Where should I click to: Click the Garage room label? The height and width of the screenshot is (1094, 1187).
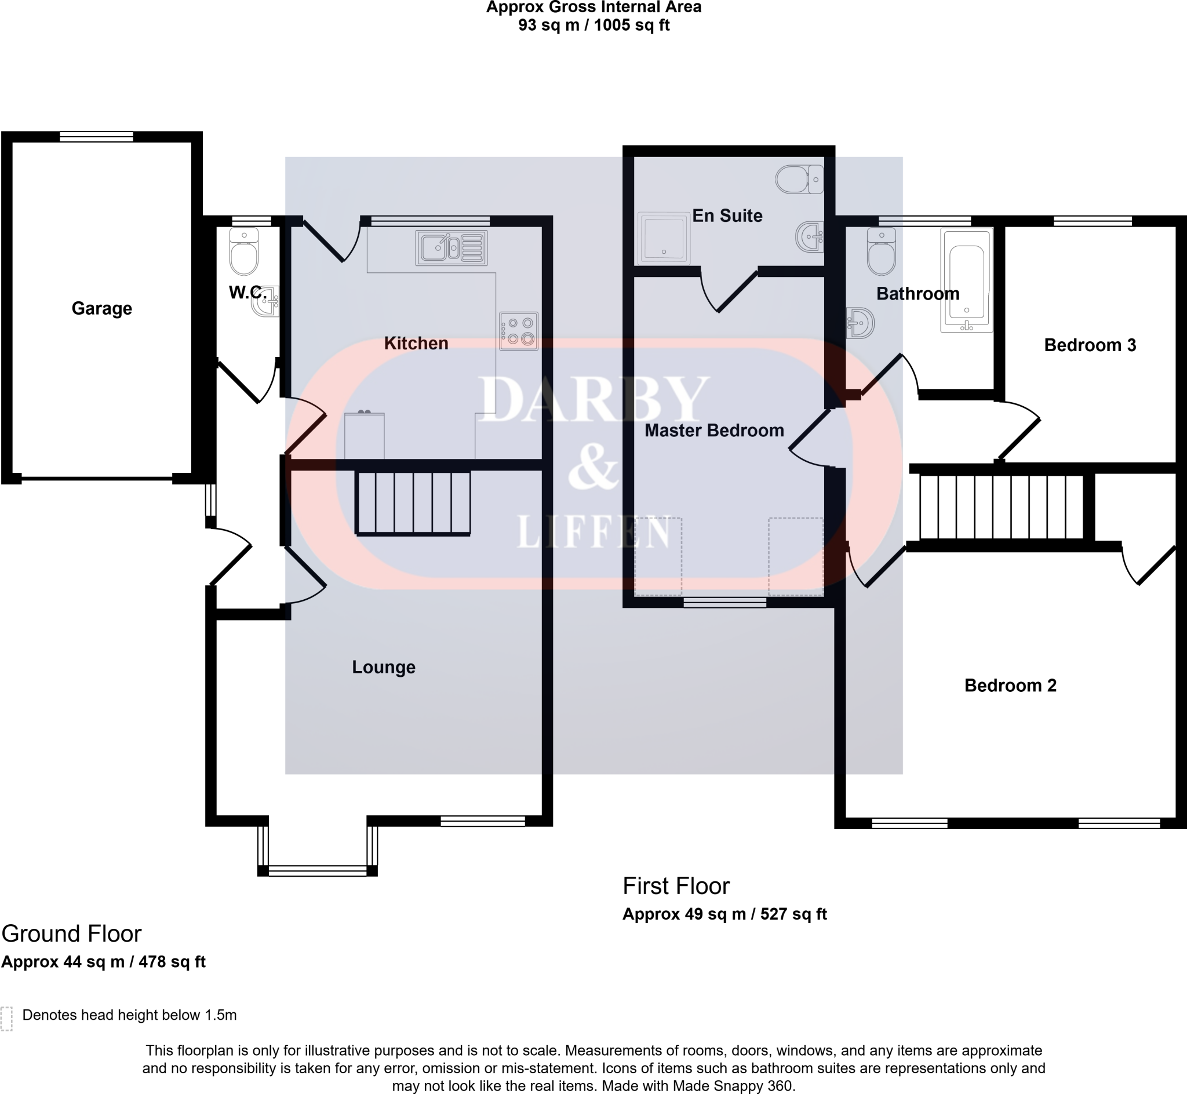[x=101, y=308]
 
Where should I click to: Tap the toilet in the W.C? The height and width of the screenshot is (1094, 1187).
[x=244, y=253]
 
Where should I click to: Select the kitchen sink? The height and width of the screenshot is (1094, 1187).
[x=451, y=247]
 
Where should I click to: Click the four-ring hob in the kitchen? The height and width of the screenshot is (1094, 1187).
[x=519, y=331]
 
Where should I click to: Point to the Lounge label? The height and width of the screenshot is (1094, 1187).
[x=384, y=667]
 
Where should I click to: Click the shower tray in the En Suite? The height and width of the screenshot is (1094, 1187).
[x=664, y=239]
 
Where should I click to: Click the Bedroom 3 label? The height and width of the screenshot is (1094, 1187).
[x=1090, y=345]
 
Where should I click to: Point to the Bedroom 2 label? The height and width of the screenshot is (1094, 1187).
[x=1011, y=685]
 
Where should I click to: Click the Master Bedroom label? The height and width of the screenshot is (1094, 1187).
[x=714, y=431]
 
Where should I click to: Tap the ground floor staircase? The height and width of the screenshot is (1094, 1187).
[x=413, y=502]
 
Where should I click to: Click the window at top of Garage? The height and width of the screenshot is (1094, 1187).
[x=96, y=137]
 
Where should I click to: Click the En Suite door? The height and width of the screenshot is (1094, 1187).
[x=729, y=290]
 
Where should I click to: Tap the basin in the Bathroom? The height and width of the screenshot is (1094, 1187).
[x=860, y=323]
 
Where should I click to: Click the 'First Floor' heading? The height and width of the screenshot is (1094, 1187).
[x=676, y=886]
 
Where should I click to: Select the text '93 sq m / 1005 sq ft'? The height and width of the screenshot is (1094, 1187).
[x=594, y=25]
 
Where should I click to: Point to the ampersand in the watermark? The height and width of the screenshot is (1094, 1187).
[x=592, y=468]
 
